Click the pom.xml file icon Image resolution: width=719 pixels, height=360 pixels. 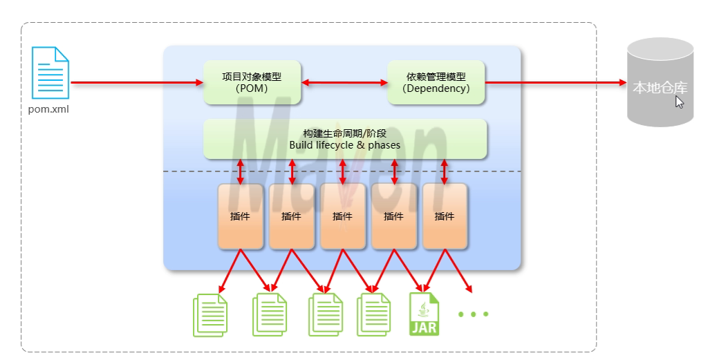click(x=51, y=73)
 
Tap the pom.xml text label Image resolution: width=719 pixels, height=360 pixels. click(x=49, y=109)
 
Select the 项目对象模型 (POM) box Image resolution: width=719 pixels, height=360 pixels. click(x=252, y=82)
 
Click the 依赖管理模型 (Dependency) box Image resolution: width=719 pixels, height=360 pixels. click(x=436, y=82)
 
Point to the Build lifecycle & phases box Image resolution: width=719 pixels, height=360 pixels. click(x=345, y=139)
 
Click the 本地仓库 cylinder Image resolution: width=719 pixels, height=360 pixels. click(x=660, y=83)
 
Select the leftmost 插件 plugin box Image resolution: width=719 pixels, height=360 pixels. click(x=240, y=216)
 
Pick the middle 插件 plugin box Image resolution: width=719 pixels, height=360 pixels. click(x=342, y=216)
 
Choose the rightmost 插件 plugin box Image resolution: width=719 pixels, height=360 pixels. click(x=445, y=216)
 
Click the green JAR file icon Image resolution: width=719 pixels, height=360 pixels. click(x=424, y=314)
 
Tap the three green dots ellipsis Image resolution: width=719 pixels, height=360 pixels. click(x=474, y=314)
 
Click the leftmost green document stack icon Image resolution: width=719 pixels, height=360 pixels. click(x=210, y=315)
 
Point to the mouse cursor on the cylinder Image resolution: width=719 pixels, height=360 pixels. click(x=679, y=102)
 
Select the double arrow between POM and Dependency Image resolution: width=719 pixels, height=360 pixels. click(x=344, y=83)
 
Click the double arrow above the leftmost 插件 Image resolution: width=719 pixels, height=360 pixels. click(x=241, y=171)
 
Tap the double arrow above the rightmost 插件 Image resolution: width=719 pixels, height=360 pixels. click(x=445, y=171)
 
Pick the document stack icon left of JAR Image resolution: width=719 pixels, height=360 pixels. click(x=373, y=315)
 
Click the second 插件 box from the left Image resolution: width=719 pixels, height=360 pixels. click(x=291, y=216)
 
